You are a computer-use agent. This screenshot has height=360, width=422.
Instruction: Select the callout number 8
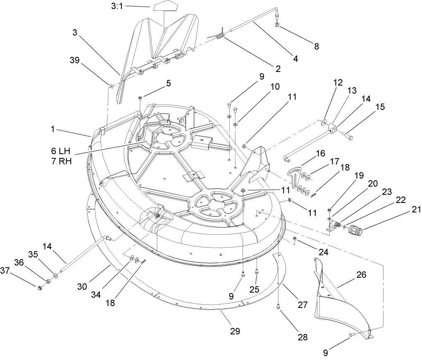point(316,46)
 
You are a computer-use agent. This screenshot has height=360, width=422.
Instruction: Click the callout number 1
point(53,129)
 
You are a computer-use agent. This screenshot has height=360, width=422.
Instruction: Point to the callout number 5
point(168,82)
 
